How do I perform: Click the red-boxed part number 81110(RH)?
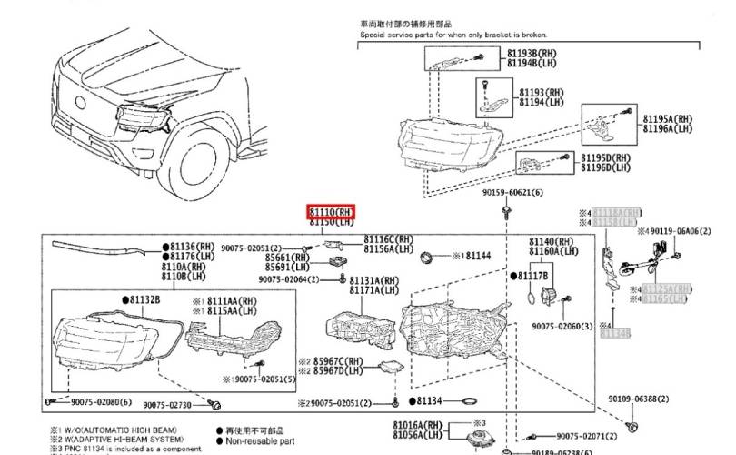[x=331, y=212]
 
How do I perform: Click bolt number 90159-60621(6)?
[x=512, y=193]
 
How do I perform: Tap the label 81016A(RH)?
[x=417, y=425]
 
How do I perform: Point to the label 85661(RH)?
[x=286, y=258]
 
